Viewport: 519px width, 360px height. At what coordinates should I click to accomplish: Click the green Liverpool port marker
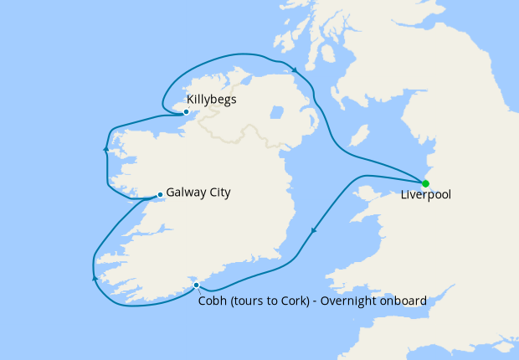coord(425,183)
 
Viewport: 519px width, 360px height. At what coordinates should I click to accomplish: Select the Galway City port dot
coord(160,196)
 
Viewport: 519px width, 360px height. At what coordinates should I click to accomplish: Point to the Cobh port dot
coord(197,285)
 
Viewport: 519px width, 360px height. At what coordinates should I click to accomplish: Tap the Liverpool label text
coord(426,195)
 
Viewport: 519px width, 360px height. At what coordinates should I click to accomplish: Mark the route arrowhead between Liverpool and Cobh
coord(313,230)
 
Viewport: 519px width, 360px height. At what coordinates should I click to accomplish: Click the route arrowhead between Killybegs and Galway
coord(105,151)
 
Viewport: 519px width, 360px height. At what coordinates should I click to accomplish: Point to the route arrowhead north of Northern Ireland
coord(294,68)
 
